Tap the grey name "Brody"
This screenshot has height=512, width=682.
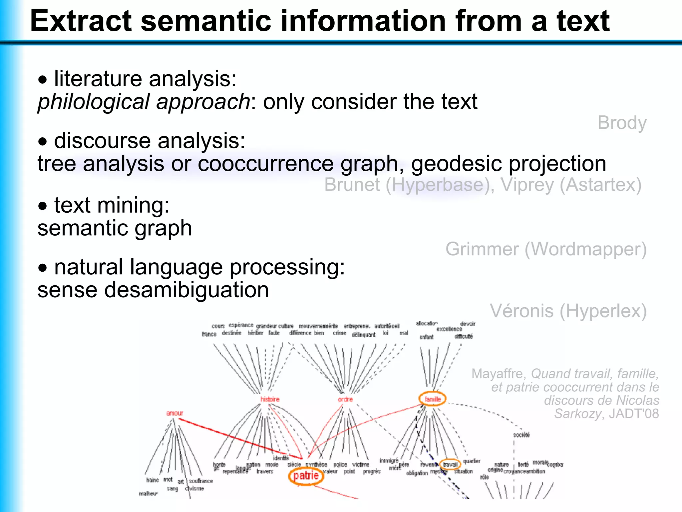click(622, 123)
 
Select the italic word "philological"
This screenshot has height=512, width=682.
click(93, 102)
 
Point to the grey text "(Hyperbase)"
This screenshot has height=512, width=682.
click(438, 185)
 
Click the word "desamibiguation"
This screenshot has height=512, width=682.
click(186, 289)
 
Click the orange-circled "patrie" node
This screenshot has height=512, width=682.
click(306, 475)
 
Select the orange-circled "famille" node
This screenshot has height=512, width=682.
click(433, 399)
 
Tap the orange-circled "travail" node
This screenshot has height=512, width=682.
click(450, 464)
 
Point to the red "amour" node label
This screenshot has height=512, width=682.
click(174, 413)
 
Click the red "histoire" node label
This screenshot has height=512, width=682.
click(270, 399)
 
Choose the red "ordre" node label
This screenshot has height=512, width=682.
click(345, 399)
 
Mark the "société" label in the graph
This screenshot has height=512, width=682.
click(521, 435)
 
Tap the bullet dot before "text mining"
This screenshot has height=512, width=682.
click(43, 206)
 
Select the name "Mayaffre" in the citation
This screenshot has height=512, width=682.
click(498, 374)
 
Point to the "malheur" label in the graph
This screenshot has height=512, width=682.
click(148, 494)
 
